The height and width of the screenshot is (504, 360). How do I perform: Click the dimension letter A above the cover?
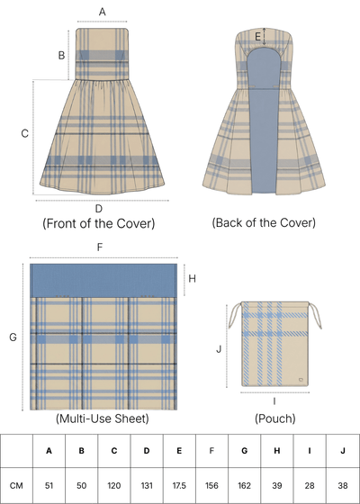[103, 12]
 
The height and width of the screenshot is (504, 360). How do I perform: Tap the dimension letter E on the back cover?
[257, 37]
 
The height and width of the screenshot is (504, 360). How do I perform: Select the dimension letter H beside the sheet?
[193, 279]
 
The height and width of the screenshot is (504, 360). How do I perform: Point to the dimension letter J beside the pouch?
[219, 349]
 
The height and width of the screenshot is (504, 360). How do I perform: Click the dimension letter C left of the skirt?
[25, 133]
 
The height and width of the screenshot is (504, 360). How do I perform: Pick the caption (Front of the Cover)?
[99, 223]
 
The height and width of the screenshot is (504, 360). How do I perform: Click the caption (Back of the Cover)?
[264, 222]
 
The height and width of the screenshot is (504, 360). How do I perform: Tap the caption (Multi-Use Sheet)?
[103, 418]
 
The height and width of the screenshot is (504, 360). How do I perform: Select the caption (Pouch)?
[275, 418]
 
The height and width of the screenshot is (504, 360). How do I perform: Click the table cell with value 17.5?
[179, 485]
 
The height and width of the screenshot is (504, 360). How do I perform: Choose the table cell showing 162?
[244, 485]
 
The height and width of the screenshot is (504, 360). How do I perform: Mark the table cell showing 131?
[146, 485]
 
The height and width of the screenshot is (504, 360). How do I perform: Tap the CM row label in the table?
[16, 485]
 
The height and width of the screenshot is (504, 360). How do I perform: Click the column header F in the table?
[211, 451]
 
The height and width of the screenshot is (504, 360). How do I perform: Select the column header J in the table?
[343, 451]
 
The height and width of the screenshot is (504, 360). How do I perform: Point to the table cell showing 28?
[310, 485]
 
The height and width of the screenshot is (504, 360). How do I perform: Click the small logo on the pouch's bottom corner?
[301, 380]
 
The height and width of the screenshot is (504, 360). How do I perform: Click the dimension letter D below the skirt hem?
[99, 209]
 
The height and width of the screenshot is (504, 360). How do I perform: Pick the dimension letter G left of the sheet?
[13, 337]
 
